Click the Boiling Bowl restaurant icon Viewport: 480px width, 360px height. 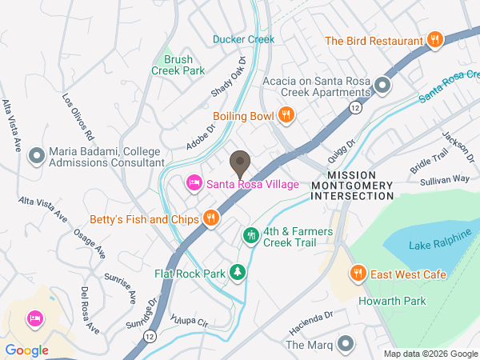(x=286, y=115)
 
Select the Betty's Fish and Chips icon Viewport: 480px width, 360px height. (x=210, y=218)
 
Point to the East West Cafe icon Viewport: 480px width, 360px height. (x=358, y=274)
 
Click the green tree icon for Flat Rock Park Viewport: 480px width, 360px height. (x=238, y=273)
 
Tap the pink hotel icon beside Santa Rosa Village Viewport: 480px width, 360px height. (x=194, y=184)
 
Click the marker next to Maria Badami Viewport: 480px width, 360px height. (x=36, y=155)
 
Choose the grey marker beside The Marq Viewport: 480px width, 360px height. (x=345, y=344)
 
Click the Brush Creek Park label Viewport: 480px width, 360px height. (x=178, y=65)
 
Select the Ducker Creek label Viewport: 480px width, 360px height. (x=243, y=38)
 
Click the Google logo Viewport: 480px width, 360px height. (x=26, y=350)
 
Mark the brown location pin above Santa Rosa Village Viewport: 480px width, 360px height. (x=239, y=164)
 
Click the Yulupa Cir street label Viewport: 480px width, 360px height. (x=190, y=320)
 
